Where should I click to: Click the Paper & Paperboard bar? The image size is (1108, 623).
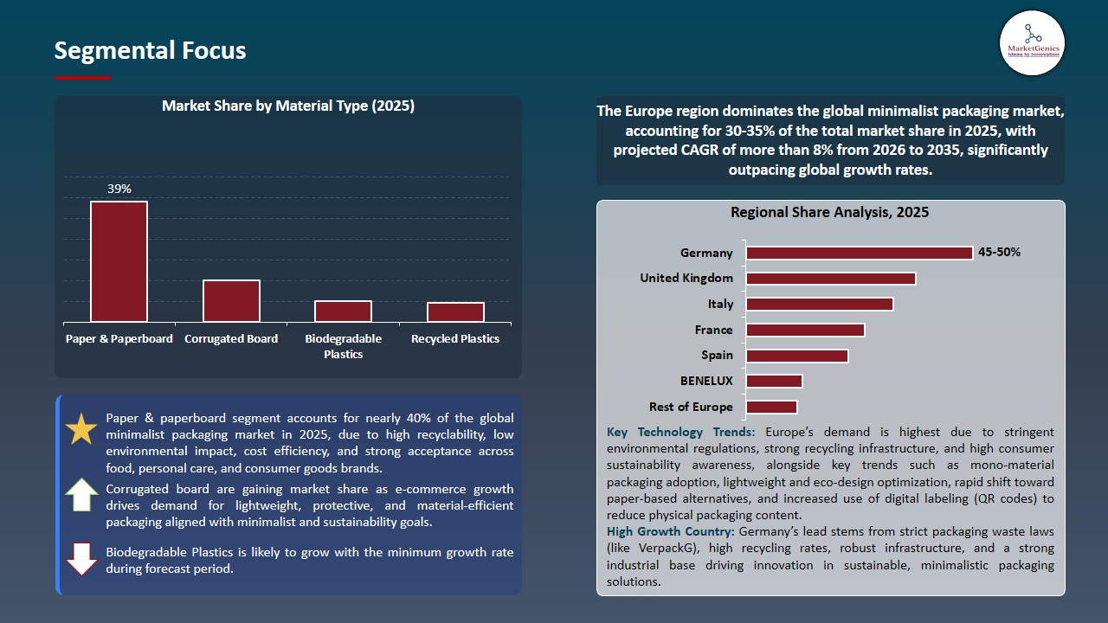(119, 261)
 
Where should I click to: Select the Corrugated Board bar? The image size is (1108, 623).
(231, 301)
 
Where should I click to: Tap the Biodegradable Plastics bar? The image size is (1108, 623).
(343, 311)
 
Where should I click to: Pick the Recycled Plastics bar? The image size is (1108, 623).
(455, 312)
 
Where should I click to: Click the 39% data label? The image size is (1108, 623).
(119, 189)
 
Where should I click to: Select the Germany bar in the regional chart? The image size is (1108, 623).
(859, 253)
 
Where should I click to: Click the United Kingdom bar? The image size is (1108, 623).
(830, 279)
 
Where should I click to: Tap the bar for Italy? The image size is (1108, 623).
(819, 304)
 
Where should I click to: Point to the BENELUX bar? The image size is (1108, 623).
(774, 381)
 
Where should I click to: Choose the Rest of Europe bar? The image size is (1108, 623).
(771, 407)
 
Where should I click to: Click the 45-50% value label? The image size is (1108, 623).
(999, 253)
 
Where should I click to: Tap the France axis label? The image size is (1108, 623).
(713, 330)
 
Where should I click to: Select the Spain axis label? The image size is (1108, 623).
(717, 355)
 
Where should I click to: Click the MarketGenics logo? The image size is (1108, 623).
(1032, 42)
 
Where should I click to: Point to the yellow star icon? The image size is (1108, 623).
(81, 429)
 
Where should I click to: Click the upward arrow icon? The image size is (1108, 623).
(82, 494)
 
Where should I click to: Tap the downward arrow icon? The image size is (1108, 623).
(82, 559)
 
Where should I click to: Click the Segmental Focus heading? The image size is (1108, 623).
(150, 50)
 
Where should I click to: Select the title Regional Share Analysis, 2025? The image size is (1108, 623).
(829, 212)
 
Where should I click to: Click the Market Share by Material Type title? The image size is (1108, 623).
(288, 106)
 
